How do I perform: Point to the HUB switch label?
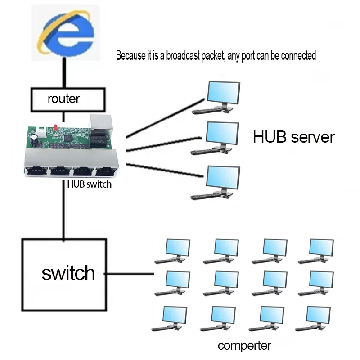pyautogui.click(x=89, y=184)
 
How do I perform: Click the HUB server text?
pyautogui.click(x=293, y=137)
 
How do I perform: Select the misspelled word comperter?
pyautogui.click(x=244, y=346)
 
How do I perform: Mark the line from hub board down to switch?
pyautogui.click(x=64, y=211)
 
